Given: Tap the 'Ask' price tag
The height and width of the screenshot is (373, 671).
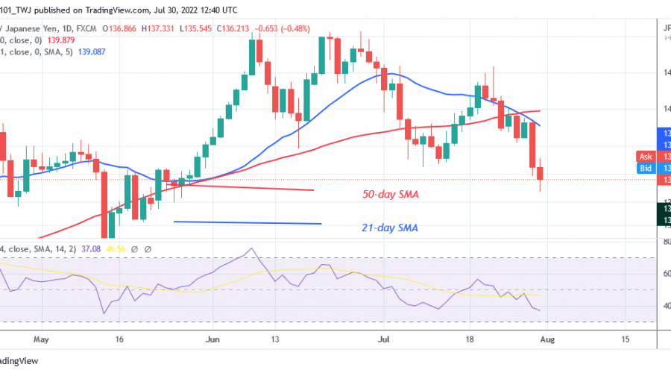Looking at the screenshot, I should [646, 157].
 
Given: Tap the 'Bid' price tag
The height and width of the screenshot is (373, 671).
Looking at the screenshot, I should [646, 168].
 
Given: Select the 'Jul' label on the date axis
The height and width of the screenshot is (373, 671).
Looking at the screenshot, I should [385, 339].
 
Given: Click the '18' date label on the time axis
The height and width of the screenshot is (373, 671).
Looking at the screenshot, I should [471, 339].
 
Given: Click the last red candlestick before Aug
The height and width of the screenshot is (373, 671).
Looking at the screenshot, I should [540, 174].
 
